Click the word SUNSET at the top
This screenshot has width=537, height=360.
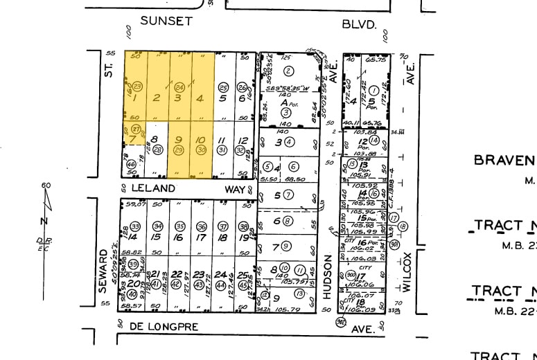tap(166, 21)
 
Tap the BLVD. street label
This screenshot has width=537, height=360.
tap(359, 24)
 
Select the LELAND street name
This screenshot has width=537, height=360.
tap(152, 188)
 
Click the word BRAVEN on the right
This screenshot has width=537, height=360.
tap(504, 161)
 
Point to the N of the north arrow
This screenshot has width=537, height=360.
tap(44, 221)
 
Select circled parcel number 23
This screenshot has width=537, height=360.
tap(137, 86)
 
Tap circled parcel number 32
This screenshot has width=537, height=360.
tap(243, 150)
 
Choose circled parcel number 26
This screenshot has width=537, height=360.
tap(242, 87)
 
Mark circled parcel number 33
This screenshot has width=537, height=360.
tap(136, 226)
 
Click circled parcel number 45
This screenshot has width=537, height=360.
tap(243, 285)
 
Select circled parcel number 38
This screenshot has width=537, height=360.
tap(243, 226)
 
